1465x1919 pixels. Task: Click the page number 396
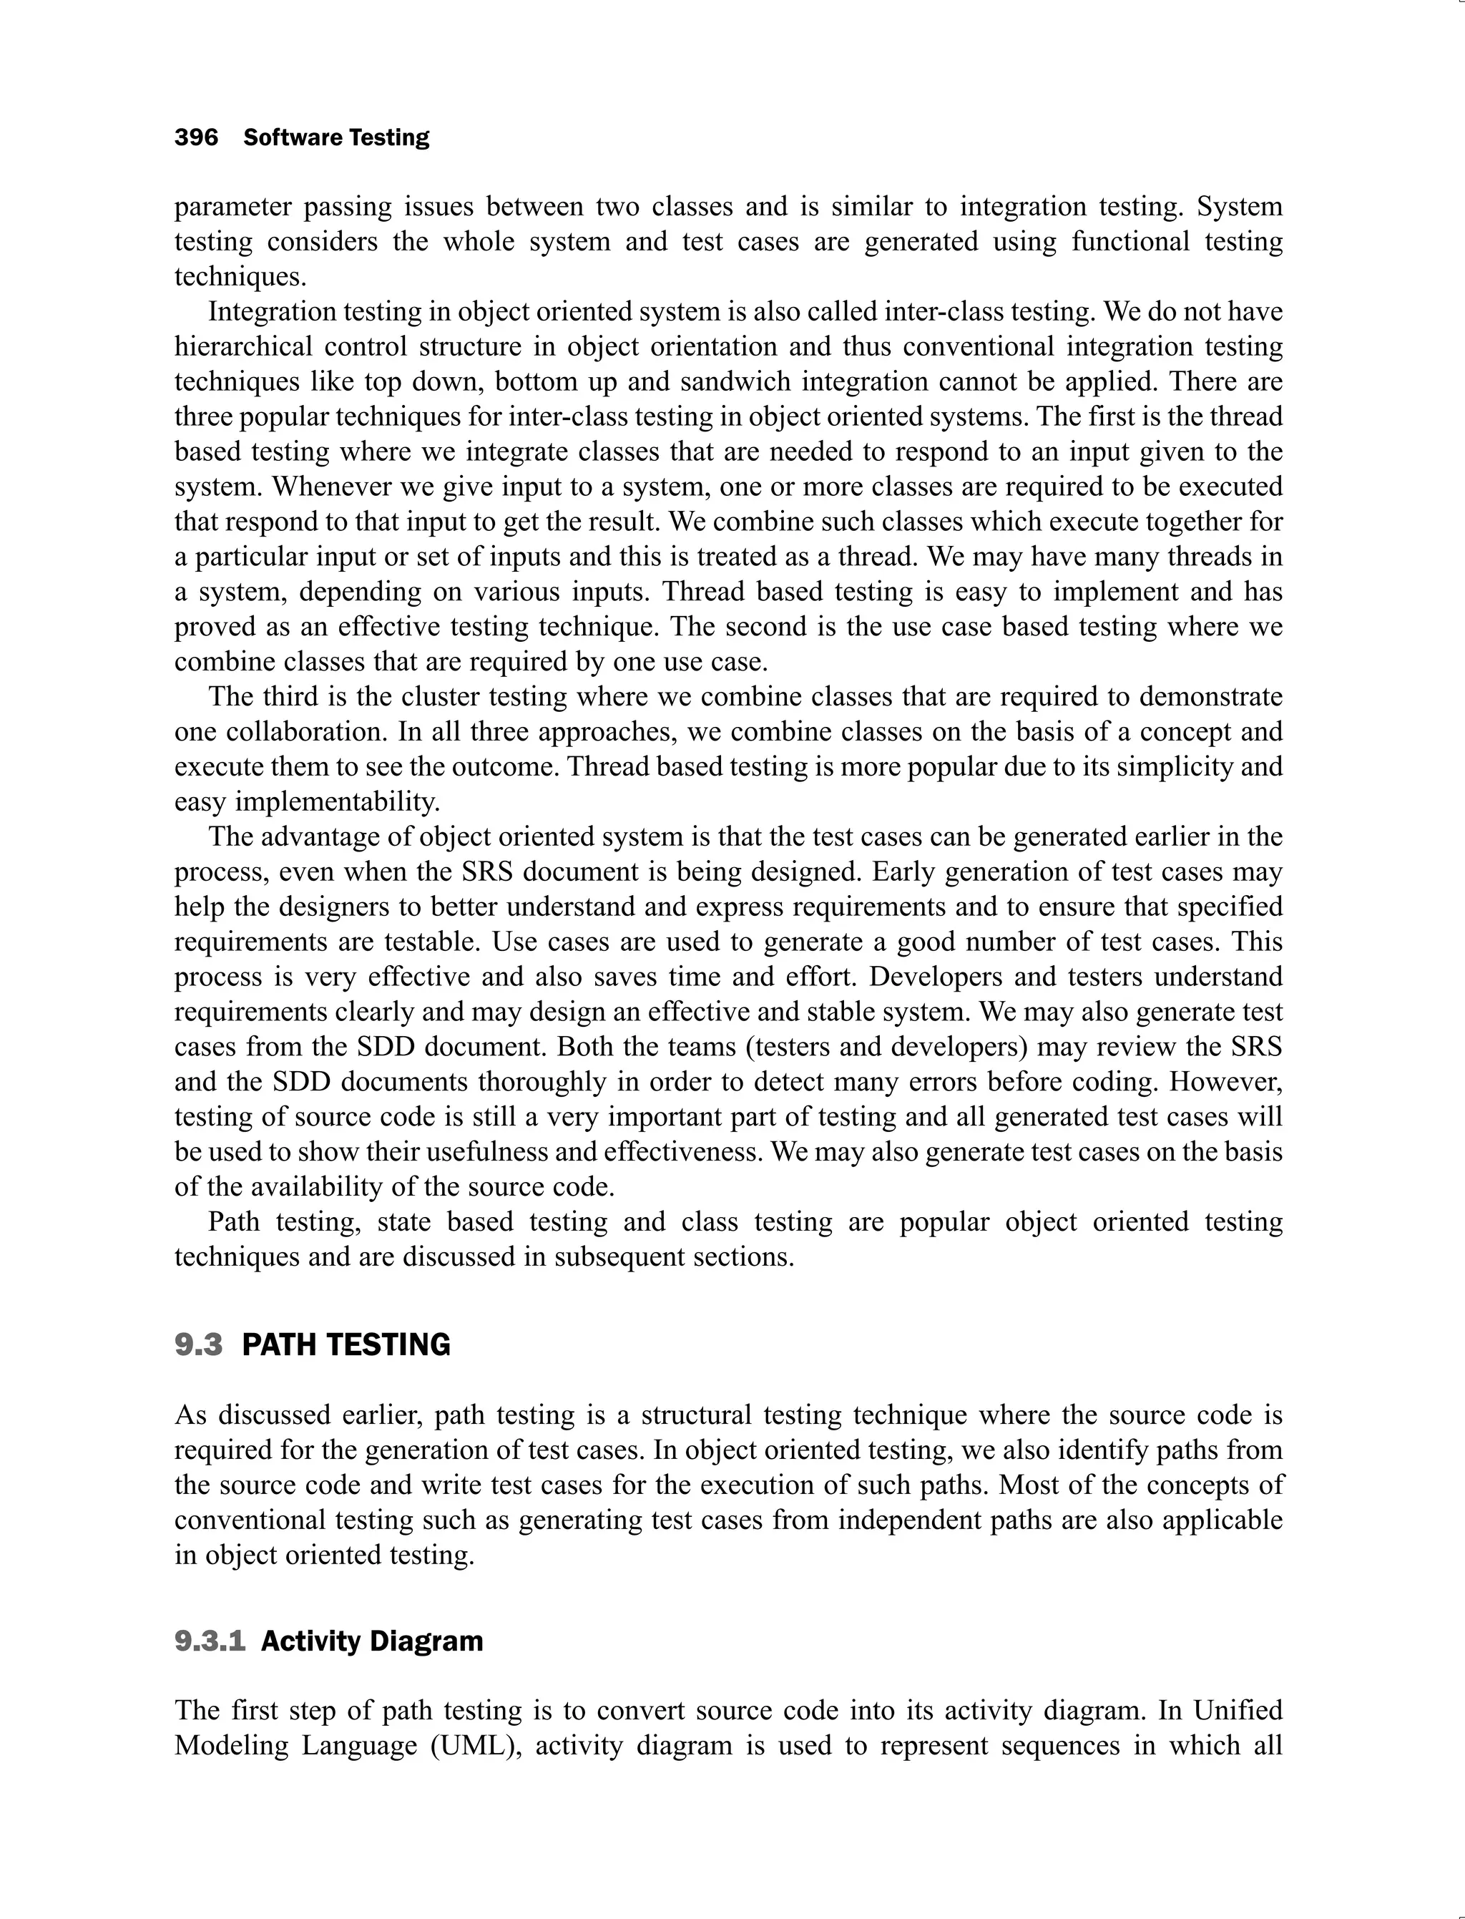point(196,138)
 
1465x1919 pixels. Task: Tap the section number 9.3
point(198,1344)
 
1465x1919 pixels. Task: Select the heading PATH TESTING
point(346,1344)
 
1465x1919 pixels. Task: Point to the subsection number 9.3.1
point(210,1641)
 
